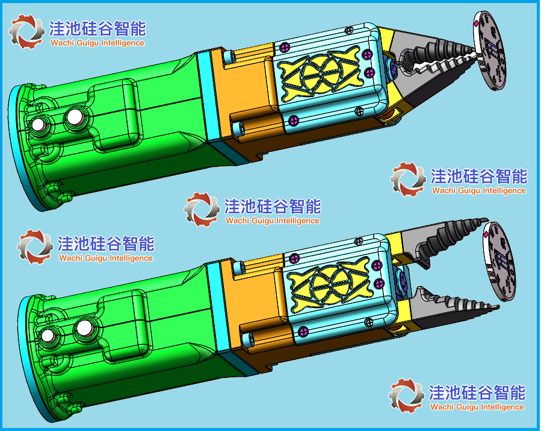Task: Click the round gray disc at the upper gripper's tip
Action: tap(489, 51)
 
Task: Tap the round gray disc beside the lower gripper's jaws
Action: tap(499, 262)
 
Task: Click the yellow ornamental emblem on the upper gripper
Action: tap(321, 73)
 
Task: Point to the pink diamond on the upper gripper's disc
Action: tap(477, 24)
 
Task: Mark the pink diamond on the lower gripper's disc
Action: tap(486, 235)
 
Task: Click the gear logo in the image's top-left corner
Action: tap(26, 31)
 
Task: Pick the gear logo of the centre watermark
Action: tap(202, 209)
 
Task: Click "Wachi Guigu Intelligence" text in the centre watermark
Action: tap(273, 221)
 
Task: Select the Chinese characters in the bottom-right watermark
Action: tap(477, 392)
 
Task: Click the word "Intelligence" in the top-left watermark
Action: tap(123, 43)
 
